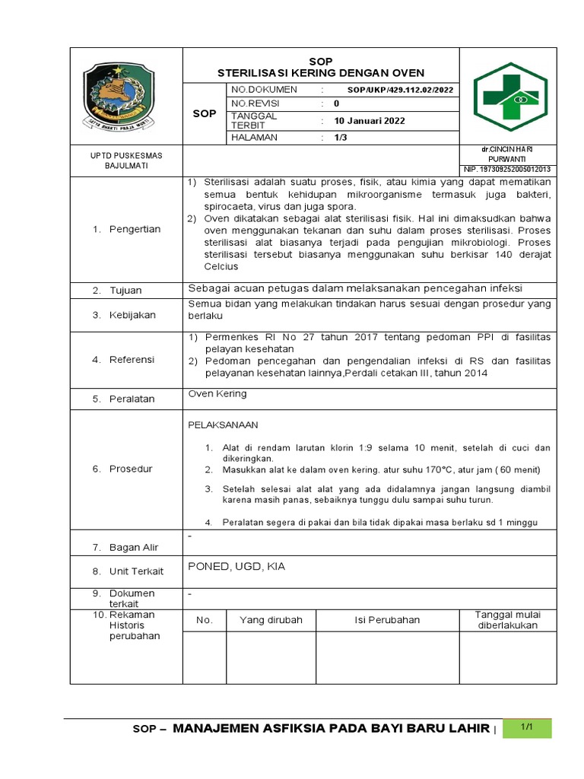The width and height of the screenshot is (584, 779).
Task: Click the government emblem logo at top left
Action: point(118,95)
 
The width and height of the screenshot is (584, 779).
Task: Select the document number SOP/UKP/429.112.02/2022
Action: point(400,90)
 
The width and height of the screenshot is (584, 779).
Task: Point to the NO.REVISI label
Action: point(257,103)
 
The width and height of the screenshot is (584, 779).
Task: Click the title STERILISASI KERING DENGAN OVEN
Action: point(321,73)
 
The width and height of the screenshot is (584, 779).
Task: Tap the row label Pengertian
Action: point(135,229)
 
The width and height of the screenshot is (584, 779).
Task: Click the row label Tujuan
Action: point(125,291)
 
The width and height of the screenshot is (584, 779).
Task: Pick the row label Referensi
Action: point(132,360)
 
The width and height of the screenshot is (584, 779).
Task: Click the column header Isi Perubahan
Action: point(387,620)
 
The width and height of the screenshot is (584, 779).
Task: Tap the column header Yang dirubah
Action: point(271,620)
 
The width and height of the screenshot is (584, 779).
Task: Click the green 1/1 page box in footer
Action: point(525,727)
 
